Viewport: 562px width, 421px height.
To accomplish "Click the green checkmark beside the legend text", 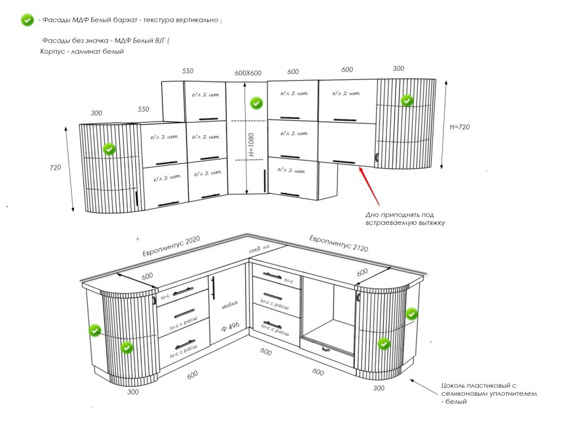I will pyautogui.click(x=27, y=20).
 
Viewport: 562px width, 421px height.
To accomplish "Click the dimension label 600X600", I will pyautogui.click(x=248, y=73).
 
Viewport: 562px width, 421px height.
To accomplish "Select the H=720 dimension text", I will pyautogui.click(x=460, y=127).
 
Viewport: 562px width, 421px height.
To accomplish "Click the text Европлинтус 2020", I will pyautogui.click(x=171, y=247).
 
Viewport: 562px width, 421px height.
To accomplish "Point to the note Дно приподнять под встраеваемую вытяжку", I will pyautogui.click(x=405, y=219).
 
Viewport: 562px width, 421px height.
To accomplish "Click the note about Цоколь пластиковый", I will pyautogui.click(x=488, y=393).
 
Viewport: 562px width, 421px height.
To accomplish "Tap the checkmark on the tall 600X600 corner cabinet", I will pyautogui.click(x=256, y=104).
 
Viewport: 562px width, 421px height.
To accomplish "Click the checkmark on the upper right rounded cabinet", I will pyautogui.click(x=406, y=100).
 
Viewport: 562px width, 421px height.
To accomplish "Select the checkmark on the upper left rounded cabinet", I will pyautogui.click(x=109, y=149).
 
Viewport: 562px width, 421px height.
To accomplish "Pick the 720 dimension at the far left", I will pyautogui.click(x=56, y=168).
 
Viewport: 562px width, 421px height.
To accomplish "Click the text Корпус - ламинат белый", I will pyautogui.click(x=82, y=52).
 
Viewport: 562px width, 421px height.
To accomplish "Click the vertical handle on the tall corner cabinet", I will pyautogui.click(x=264, y=180).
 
